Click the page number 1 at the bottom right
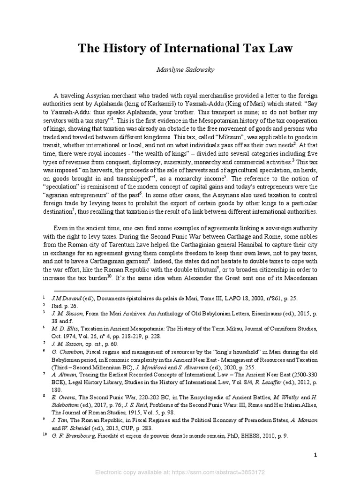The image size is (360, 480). (x=315, y=455)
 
